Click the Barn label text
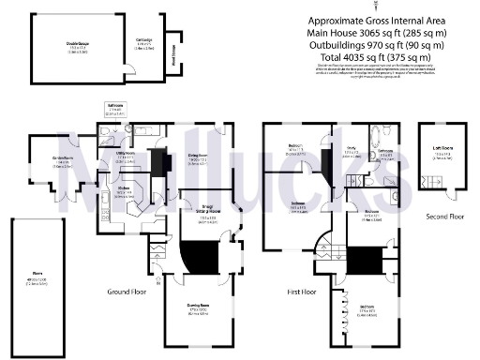[x=37, y=276]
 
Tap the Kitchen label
[x=122, y=188]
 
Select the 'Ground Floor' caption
[x=125, y=292]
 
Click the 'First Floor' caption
[x=301, y=292]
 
